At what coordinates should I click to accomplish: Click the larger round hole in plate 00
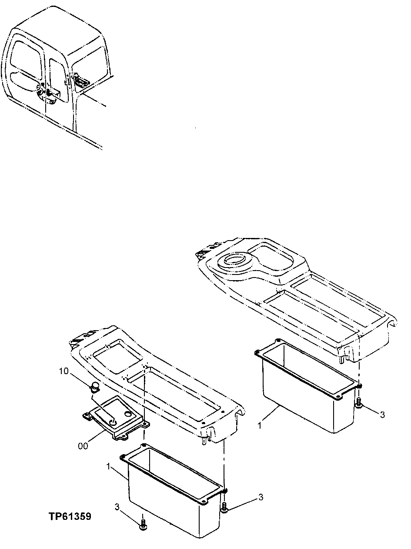[x=127, y=413]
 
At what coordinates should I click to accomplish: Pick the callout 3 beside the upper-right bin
[x=382, y=415]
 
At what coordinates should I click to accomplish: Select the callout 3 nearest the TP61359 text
[x=117, y=507]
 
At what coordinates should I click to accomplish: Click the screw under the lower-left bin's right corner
[x=224, y=507]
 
